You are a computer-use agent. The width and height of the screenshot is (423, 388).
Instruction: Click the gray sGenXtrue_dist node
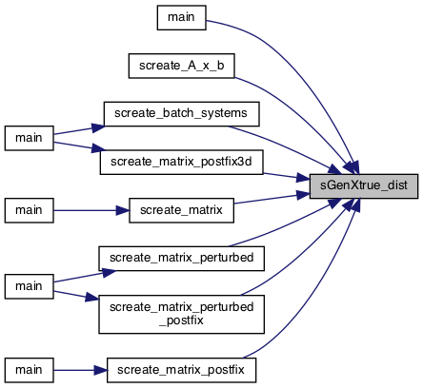click(364, 186)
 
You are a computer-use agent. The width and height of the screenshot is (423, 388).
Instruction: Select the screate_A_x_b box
click(182, 66)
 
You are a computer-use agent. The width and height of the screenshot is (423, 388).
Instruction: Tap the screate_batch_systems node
click(181, 114)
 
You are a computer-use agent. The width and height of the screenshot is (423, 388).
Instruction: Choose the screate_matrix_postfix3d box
click(181, 162)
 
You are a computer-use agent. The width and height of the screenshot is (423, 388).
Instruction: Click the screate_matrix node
click(181, 210)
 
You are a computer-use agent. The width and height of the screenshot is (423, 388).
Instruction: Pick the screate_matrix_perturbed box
click(181, 259)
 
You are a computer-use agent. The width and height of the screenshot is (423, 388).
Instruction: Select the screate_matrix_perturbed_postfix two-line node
click(181, 314)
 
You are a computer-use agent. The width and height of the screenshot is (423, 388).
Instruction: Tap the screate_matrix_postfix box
click(181, 370)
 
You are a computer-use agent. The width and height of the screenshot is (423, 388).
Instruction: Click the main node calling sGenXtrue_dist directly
click(182, 17)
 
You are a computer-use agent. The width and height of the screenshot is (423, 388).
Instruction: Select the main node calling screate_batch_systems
click(29, 138)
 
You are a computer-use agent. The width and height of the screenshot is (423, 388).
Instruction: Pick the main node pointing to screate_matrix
click(29, 210)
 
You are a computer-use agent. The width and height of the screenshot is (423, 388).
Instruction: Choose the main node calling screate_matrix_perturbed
click(29, 286)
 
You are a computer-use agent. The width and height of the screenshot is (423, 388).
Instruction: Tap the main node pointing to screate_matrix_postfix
click(29, 370)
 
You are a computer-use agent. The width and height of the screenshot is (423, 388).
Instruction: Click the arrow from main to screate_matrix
click(91, 210)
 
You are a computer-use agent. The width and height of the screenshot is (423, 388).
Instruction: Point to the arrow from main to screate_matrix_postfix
click(80, 370)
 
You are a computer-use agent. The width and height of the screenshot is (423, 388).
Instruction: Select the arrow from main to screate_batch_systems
click(79, 130)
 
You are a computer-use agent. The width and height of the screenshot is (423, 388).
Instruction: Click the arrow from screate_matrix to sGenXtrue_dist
click(272, 199)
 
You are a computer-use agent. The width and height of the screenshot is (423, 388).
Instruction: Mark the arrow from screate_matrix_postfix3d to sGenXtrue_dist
click(287, 177)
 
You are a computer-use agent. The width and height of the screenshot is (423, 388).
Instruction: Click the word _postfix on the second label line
click(181, 320)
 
